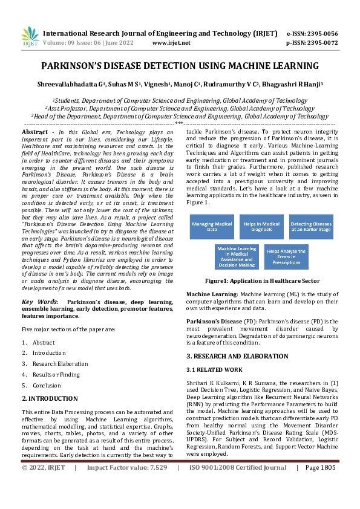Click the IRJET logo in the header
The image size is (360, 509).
[x=30, y=37]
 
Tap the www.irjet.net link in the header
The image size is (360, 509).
[x=171, y=43]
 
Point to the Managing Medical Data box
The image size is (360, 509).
[x=212, y=227]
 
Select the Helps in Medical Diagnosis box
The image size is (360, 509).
[x=261, y=227]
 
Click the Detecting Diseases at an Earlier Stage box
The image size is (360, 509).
[x=310, y=227]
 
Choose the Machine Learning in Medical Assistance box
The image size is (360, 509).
[x=237, y=256]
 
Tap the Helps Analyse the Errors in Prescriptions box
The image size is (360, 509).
[x=286, y=256]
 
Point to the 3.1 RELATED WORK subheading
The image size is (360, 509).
[x=214, y=369]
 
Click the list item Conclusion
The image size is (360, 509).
[x=47, y=385]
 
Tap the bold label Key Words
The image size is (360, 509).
[x=39, y=301]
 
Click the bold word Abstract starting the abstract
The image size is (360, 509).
[x=34, y=132]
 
